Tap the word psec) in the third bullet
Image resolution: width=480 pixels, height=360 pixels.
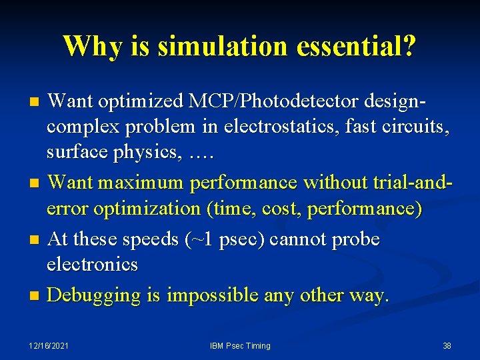tap(241, 239)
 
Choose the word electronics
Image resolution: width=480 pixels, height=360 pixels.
tap(92, 265)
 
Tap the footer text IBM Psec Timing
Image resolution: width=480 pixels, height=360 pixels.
tap(240, 346)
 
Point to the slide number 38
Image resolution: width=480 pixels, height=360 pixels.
tap(447, 346)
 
